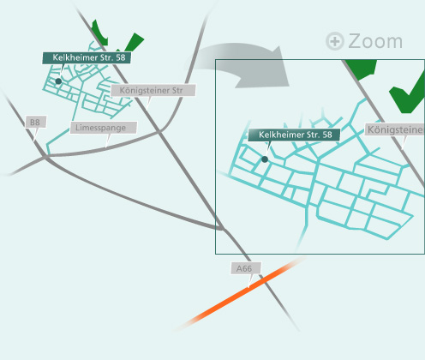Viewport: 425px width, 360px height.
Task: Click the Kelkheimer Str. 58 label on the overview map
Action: pos(87,57)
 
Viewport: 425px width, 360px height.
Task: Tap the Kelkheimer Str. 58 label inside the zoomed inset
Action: pos(294,135)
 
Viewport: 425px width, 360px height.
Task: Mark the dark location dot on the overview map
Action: pos(58,81)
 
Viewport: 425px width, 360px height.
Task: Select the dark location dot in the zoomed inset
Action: pos(265,159)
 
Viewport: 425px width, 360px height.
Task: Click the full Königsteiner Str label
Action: pos(153,90)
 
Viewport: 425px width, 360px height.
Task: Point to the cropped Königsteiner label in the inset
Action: pos(395,129)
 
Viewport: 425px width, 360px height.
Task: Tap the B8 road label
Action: pos(36,123)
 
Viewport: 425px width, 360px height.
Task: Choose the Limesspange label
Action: pos(104,128)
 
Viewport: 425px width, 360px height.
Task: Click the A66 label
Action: pos(246,268)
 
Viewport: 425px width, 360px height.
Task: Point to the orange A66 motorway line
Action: pos(240,294)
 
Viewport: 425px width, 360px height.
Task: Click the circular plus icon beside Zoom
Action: pos(335,41)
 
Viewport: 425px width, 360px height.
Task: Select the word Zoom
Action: pos(375,41)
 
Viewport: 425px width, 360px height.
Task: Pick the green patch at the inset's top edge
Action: pos(362,69)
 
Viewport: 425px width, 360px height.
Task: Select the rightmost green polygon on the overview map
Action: pos(134,42)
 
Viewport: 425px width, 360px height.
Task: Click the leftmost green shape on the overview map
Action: pos(99,33)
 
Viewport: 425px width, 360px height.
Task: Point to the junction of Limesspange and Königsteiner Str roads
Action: pos(159,132)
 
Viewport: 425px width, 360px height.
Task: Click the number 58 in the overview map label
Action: pos(121,57)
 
